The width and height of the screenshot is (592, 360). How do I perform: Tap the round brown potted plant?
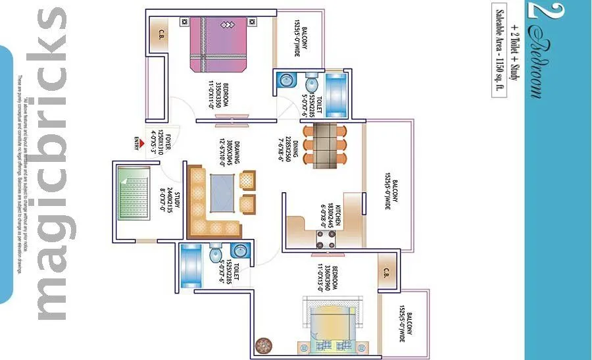[263, 346]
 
